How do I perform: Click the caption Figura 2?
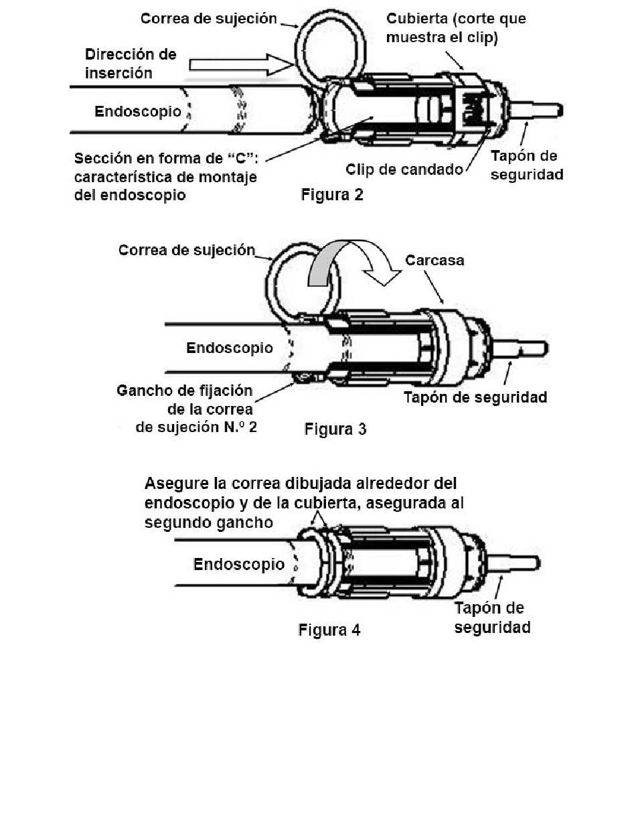pyautogui.click(x=332, y=196)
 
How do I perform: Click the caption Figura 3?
pyautogui.click(x=335, y=429)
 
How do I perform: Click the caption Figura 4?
pyautogui.click(x=329, y=630)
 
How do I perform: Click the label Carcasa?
pyautogui.click(x=434, y=259)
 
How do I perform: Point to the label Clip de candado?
pyautogui.click(x=404, y=169)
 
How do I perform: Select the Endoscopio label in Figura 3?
pyautogui.click(x=230, y=348)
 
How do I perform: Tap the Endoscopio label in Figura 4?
pyautogui.click(x=239, y=564)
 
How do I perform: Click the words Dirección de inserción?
pyautogui.click(x=131, y=63)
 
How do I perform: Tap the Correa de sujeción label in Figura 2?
pyautogui.click(x=208, y=18)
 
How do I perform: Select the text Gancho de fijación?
pyautogui.click(x=185, y=390)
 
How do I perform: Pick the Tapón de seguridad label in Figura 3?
pyautogui.click(x=475, y=397)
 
